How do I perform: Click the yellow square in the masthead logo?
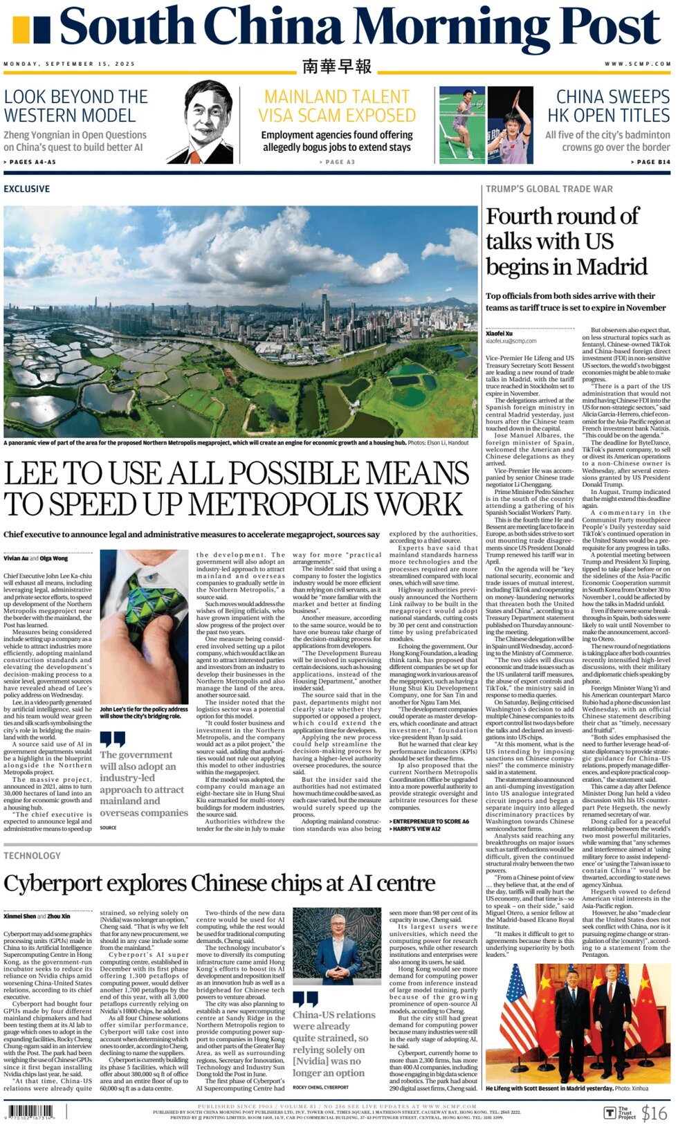tap(21, 30)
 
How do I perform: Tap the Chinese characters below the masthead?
tap(337, 66)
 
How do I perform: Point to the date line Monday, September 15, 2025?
tap(69, 64)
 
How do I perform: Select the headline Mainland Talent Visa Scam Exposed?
tap(337, 106)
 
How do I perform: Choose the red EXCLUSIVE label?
tap(27, 189)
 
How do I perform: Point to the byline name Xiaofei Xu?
tap(499, 333)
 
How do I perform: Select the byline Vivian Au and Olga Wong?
tap(36, 558)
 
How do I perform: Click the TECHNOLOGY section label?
tap(32, 856)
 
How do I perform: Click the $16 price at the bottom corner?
tap(654, 1113)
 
